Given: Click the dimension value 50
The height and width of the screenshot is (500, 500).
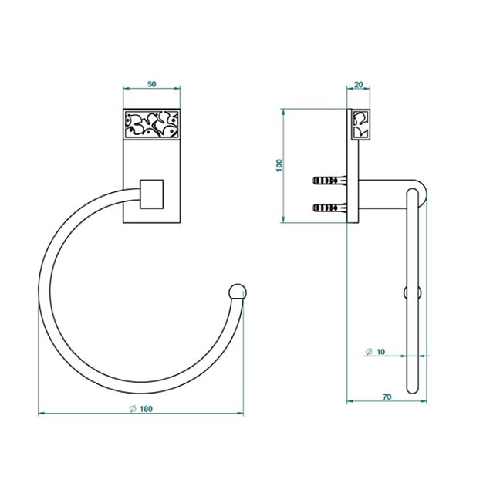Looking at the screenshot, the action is pyautogui.click(x=152, y=84).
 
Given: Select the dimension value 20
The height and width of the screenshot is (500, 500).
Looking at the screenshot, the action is pyautogui.click(x=359, y=85).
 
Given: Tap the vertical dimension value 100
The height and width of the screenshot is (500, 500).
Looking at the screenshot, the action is pyautogui.click(x=279, y=165).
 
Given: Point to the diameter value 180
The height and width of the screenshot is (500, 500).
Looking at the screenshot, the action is pyautogui.click(x=146, y=408).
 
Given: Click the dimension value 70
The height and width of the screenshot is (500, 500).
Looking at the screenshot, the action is pyautogui.click(x=387, y=397).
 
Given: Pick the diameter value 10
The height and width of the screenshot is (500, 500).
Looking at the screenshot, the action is pyautogui.click(x=380, y=352).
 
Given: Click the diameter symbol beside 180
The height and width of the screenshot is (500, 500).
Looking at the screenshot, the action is pyautogui.click(x=133, y=408).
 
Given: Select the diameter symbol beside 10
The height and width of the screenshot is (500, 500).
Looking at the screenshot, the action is pyautogui.click(x=369, y=352).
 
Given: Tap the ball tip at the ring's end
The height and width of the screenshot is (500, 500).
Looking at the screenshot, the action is pyautogui.click(x=238, y=292).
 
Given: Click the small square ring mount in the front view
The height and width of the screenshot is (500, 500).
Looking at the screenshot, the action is pyautogui.click(x=152, y=194).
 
